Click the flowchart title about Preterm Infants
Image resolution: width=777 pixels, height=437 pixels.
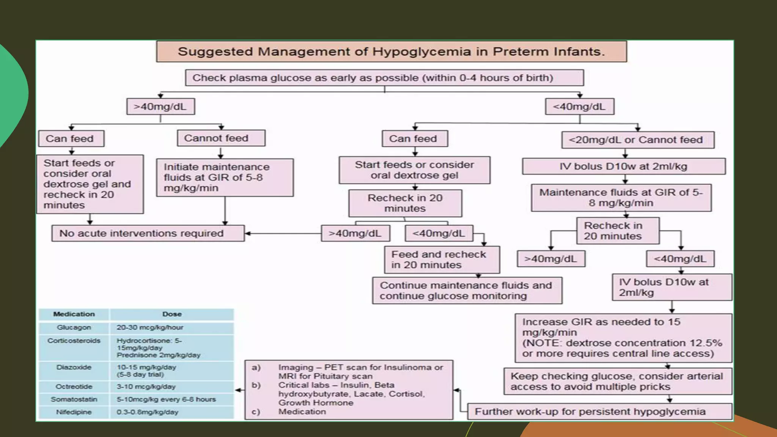click(391, 52)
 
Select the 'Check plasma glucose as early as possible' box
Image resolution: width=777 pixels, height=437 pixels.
click(384, 78)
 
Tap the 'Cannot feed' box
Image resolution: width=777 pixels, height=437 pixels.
click(221, 138)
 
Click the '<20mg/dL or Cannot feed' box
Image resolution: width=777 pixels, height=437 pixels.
click(637, 140)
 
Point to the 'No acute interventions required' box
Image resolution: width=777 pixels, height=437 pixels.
click(148, 233)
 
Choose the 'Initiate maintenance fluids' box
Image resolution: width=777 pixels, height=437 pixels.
click(225, 178)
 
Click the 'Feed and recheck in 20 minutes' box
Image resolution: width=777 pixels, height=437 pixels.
click(442, 260)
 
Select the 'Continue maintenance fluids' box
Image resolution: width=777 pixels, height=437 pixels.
click(467, 291)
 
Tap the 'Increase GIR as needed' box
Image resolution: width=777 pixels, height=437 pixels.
click(623, 338)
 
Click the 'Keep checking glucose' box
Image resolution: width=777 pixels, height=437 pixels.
click(618, 381)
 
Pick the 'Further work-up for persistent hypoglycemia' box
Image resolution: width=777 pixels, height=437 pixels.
click(599, 412)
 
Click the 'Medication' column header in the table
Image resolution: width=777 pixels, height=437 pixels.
click(74, 314)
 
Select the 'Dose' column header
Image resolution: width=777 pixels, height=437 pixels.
click(172, 314)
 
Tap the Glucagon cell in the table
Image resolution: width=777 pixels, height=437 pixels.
click(74, 327)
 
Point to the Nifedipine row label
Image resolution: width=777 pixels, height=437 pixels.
click(74, 412)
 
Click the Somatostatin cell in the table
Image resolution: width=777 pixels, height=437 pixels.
click(74, 399)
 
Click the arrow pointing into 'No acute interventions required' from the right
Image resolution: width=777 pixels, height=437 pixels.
click(248, 233)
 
